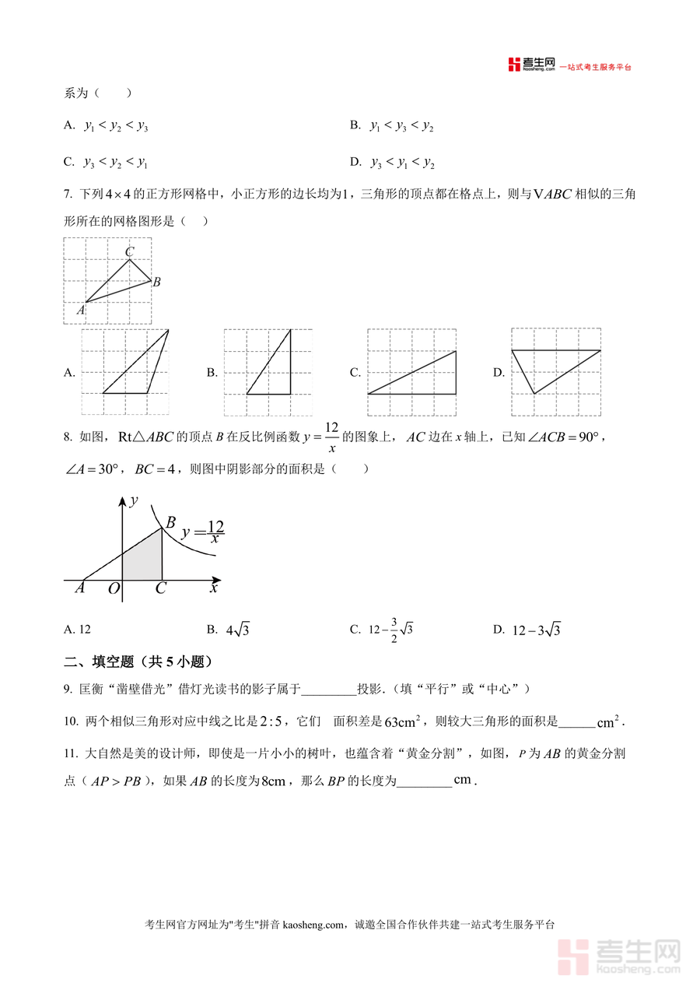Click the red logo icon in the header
pos(513,65)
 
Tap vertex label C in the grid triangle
pos(129,251)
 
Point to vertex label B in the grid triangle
pos(156,282)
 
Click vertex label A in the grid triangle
pos(79,310)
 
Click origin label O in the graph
pos(114,589)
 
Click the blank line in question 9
pos(327,690)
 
